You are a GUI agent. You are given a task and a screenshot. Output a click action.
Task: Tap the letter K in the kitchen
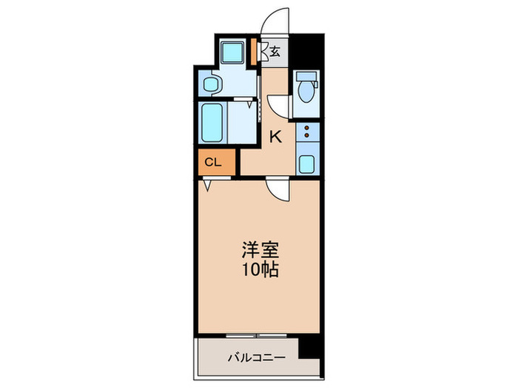(275, 137)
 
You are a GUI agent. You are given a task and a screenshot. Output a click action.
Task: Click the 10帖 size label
(258, 270)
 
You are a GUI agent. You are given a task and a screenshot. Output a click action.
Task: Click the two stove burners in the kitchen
(306, 133)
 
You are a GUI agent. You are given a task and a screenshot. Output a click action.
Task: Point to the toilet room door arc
(278, 103)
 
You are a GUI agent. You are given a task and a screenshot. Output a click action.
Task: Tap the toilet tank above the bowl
(304, 76)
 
